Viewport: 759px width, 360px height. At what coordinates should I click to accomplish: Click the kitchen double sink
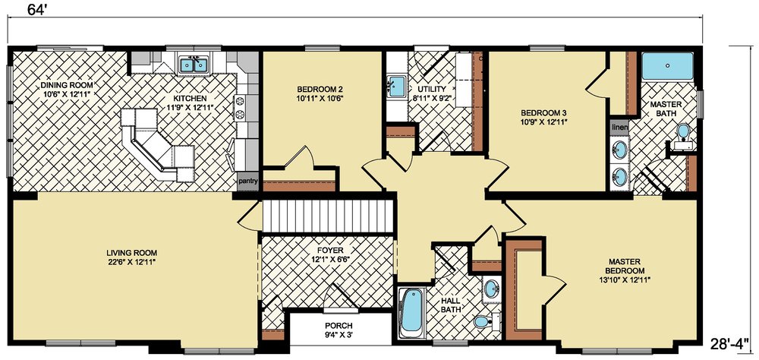pos(194,65)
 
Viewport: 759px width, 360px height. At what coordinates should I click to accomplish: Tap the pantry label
pos(248,182)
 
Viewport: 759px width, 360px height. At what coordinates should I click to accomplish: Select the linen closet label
pos(619,128)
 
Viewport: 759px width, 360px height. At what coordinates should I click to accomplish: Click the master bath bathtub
pos(667,65)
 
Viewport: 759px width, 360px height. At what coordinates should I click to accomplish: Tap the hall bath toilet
pos(487,321)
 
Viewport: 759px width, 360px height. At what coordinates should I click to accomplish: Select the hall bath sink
pos(492,289)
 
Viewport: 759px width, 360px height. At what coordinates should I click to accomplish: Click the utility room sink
pos(397,86)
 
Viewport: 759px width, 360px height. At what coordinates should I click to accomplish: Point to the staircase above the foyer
pos(327,216)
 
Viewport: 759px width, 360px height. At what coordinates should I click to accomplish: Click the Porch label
pos(339,326)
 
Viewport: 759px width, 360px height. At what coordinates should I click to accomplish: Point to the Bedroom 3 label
pos(540,113)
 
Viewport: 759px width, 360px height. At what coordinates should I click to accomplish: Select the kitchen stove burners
pos(241,108)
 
